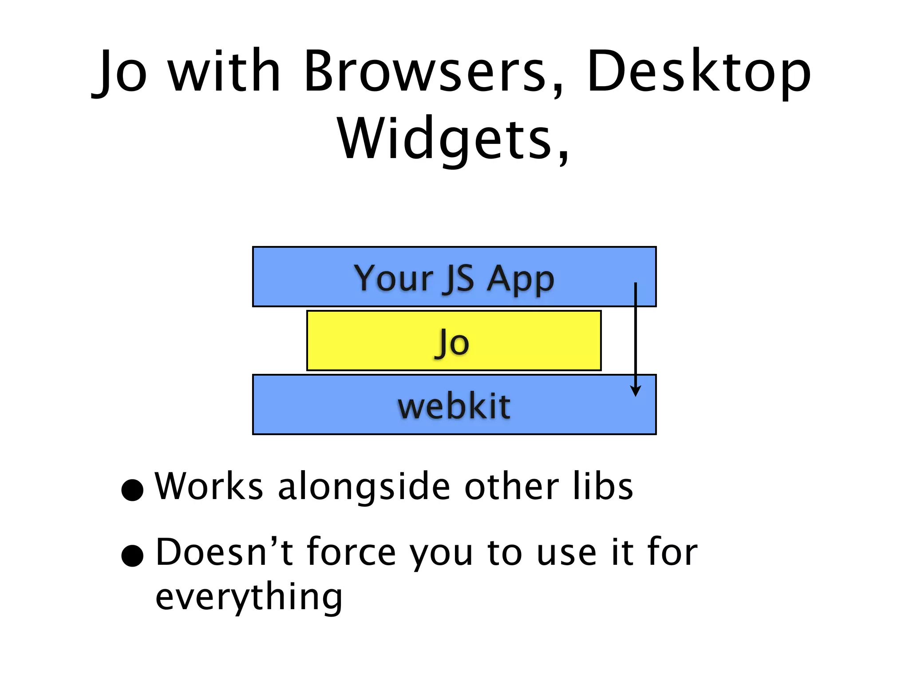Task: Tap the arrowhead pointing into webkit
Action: [636, 391]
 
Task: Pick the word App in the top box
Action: [520, 279]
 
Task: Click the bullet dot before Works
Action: [132, 490]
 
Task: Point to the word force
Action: [351, 552]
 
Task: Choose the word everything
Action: [249, 597]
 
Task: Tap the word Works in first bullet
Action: [209, 486]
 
